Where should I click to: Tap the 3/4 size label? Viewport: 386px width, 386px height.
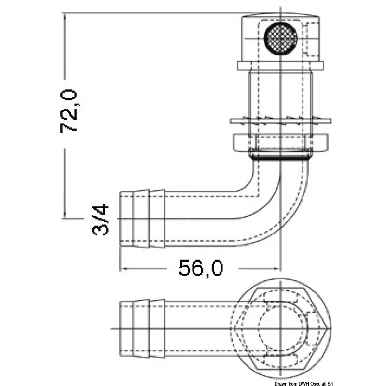coord(100,220)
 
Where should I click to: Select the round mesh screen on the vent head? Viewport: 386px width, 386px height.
coord(281,38)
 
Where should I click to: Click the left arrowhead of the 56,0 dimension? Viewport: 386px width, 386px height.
coord(123,269)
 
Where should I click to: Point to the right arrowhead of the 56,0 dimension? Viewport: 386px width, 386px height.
coord(277,269)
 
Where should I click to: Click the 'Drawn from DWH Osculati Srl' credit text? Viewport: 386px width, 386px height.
coord(303,383)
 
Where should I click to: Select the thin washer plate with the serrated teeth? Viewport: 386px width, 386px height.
coord(281,121)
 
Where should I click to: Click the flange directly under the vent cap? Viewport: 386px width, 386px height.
coord(280,66)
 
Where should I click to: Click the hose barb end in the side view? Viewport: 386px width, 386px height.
coord(142,219)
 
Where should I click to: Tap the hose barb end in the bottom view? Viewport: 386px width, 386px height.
coord(142,329)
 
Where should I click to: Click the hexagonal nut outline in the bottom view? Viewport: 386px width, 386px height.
coord(281,329)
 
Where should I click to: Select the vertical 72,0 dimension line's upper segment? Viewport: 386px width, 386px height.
coord(65,46)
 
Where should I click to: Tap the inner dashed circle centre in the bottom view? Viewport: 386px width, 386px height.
coord(281,329)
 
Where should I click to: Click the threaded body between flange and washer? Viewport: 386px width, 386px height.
coord(280,94)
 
